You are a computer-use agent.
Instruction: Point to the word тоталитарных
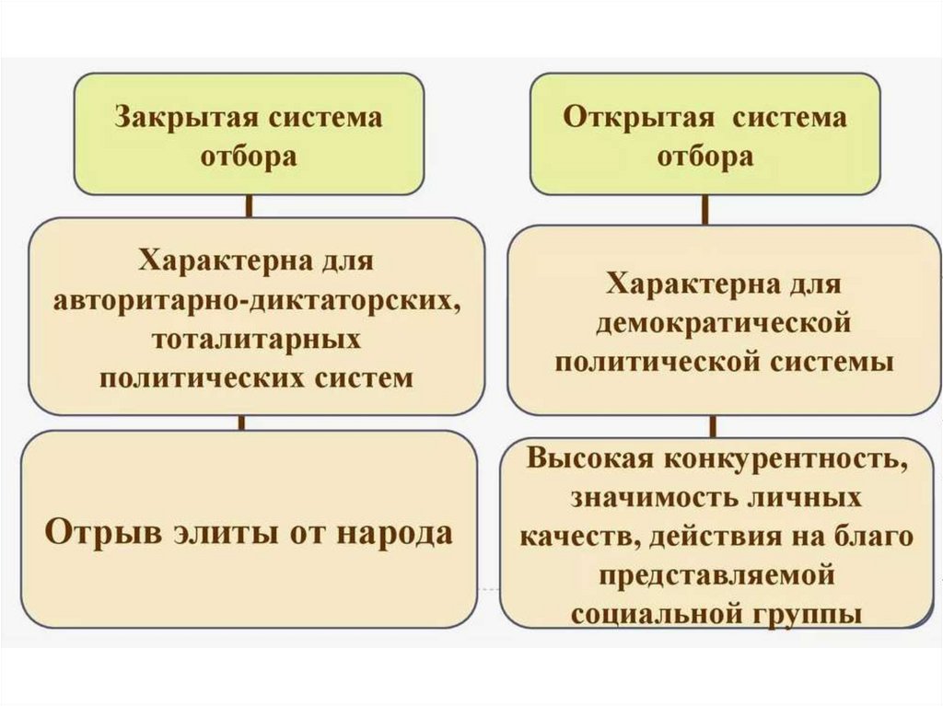(x=256, y=340)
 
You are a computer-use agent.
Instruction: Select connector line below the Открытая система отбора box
(x=706, y=211)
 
